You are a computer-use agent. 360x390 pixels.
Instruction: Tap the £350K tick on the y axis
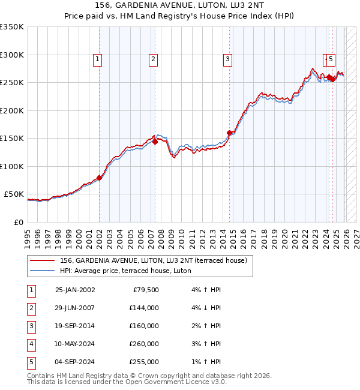tap(12, 27)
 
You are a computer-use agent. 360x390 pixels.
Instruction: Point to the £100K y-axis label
tap(12, 166)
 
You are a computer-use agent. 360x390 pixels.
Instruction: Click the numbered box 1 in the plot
tap(97, 59)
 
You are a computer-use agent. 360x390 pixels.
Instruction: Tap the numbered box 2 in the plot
tap(154, 59)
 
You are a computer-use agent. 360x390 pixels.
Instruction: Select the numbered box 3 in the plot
tap(228, 59)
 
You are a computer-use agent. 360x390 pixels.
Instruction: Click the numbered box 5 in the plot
tap(332, 59)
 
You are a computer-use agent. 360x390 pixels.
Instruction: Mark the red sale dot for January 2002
tap(100, 178)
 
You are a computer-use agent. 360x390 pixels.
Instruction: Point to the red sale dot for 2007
tap(155, 142)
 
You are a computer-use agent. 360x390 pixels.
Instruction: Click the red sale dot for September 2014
tap(230, 133)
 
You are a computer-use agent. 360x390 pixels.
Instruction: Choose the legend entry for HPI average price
tap(125, 271)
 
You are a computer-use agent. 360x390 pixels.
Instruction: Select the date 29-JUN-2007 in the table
tap(74, 308)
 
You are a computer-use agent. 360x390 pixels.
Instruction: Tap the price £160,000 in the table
tap(143, 326)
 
